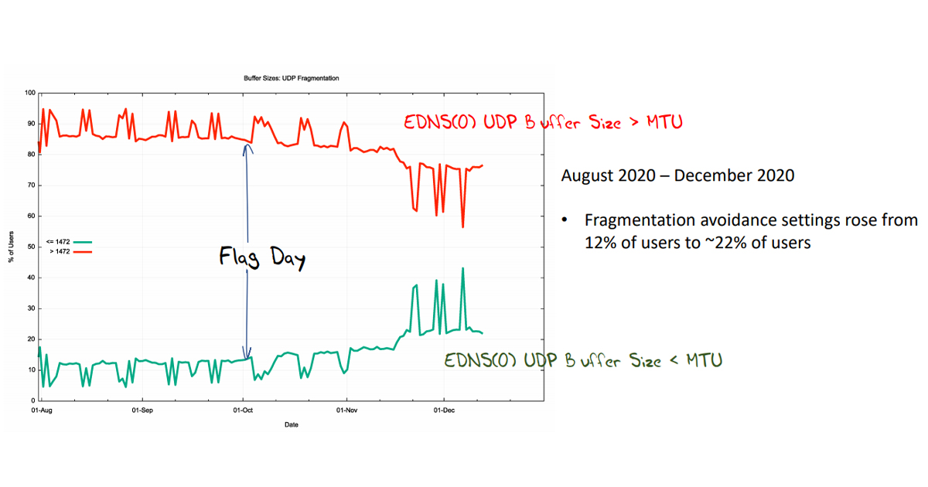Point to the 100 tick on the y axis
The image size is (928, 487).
click(x=30, y=93)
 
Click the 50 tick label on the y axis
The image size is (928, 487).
click(x=31, y=247)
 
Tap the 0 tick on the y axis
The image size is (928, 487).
click(x=32, y=401)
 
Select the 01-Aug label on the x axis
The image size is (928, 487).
click(x=41, y=411)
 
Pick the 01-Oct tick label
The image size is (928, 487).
click(x=243, y=411)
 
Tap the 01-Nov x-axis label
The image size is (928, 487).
click(x=346, y=411)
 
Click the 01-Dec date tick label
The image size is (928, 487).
click(x=444, y=411)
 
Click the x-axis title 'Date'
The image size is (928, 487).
click(x=291, y=424)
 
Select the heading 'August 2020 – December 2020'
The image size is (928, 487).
click(x=677, y=175)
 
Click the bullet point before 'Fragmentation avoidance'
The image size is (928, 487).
click(x=565, y=221)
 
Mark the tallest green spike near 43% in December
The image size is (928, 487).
click(x=462, y=268)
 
